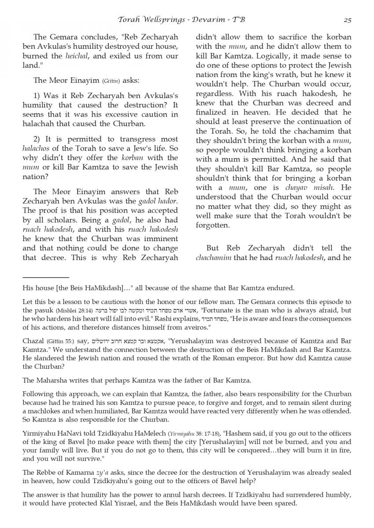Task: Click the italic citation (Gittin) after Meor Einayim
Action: tap(112, 81)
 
